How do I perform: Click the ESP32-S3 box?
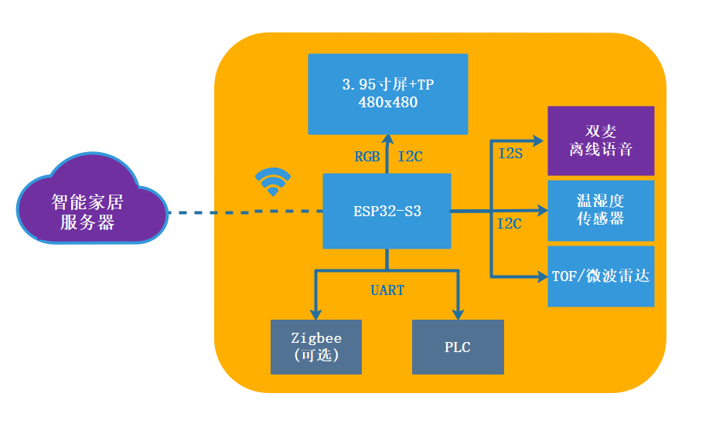coord(387,211)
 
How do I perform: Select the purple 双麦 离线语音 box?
coord(601,141)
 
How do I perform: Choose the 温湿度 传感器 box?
coord(601,210)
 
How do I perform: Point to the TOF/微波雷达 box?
coord(601,276)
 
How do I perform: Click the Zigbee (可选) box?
coord(316,347)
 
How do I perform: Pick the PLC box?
coord(457,347)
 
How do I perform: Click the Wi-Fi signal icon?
coord(273,182)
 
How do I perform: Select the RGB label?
coord(367,157)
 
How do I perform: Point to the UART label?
coord(387,290)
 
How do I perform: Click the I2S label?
coord(510,153)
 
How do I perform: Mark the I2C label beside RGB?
coord(410,157)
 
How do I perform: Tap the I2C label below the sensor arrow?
coord(509,224)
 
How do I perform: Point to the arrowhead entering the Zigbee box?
coord(316,312)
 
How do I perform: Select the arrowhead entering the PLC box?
coord(458,312)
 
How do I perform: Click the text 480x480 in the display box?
coord(388,102)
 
